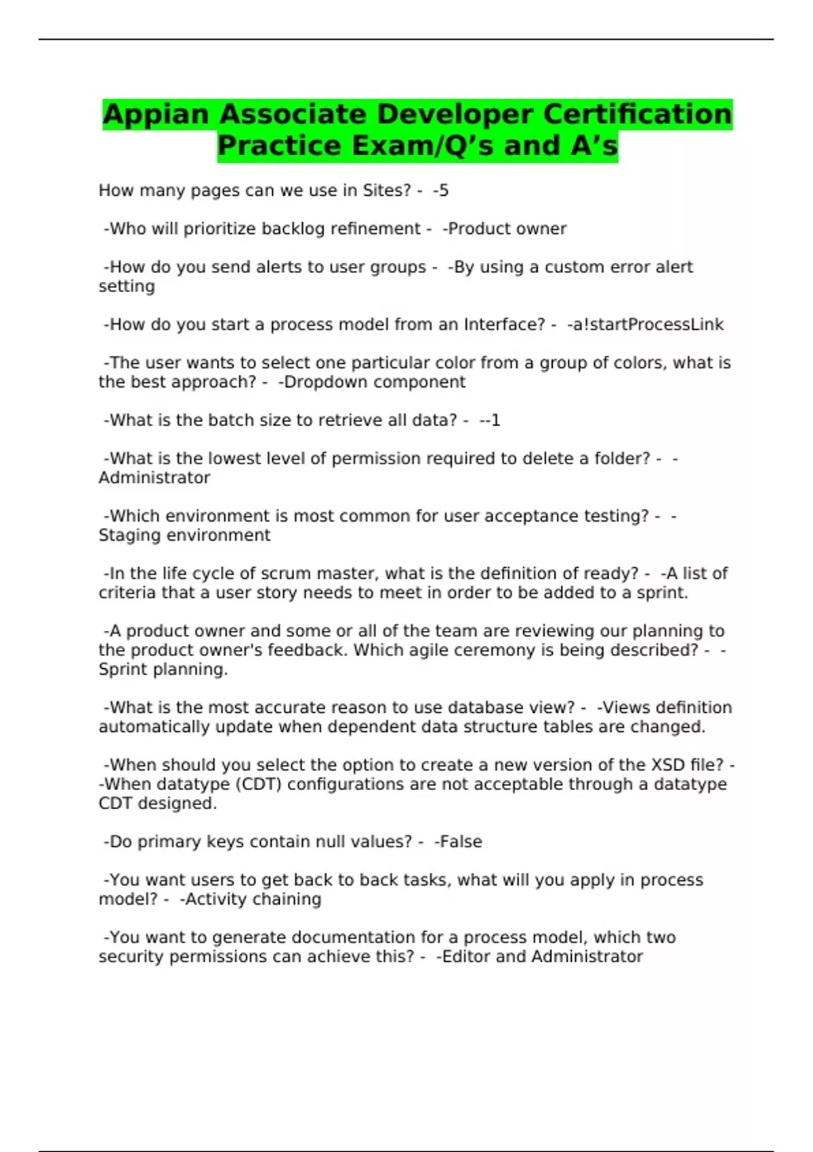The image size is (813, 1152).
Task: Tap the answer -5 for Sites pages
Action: [x=441, y=190]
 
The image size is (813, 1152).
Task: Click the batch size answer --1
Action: [x=490, y=420]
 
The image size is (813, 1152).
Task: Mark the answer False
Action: [x=459, y=842]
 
